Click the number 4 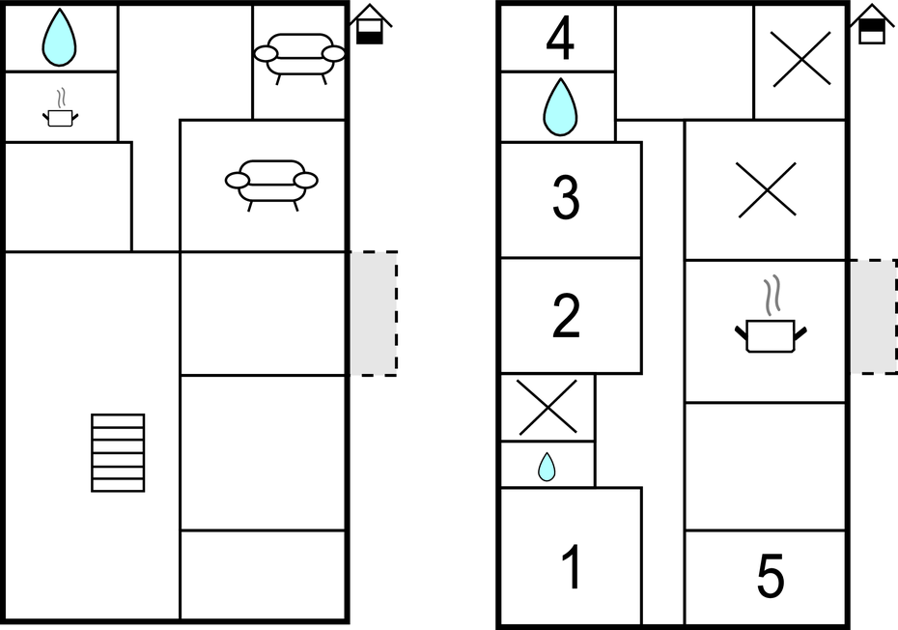pos(559,39)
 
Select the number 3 pos(566,197)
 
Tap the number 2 pos(566,315)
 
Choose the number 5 pos(771,576)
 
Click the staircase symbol pos(118,453)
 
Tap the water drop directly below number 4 pos(560,107)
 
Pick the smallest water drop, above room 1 pos(547,467)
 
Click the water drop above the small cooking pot pos(59,38)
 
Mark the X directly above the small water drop pos(548,408)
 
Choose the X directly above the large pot pos(767,189)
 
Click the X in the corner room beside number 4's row pos(801,59)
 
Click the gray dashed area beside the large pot pos(873,317)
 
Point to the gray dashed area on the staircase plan pos(374,314)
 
